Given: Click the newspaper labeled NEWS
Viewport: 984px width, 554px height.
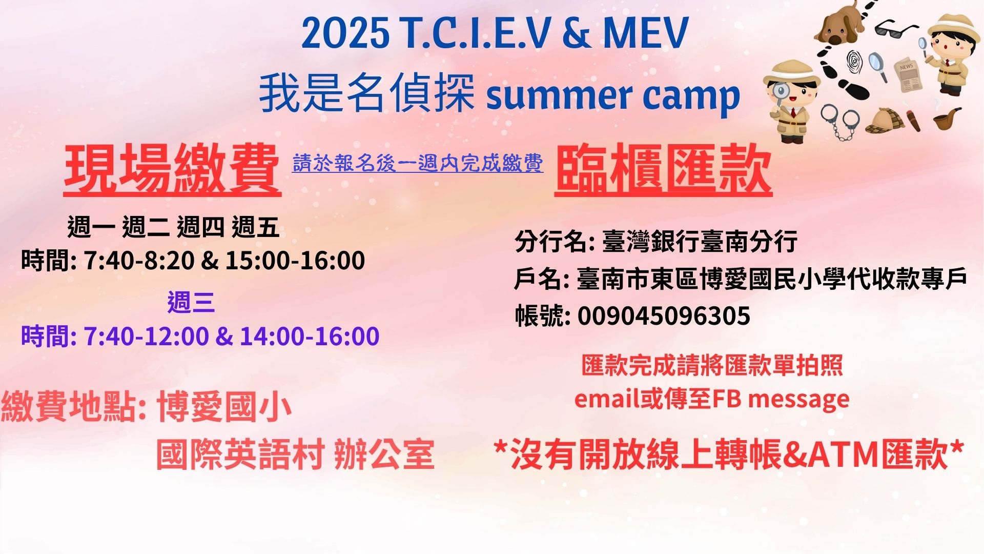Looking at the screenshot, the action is [908, 75].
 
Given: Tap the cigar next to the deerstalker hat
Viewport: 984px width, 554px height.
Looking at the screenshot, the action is [913, 120].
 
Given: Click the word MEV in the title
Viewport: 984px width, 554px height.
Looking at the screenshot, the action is [645, 33].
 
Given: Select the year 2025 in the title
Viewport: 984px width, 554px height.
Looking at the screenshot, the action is [345, 33].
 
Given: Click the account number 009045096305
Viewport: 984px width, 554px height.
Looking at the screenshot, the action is [664, 315].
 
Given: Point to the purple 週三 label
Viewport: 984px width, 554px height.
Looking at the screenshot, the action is [191, 302].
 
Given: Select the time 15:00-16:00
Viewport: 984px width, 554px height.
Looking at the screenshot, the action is [295, 261].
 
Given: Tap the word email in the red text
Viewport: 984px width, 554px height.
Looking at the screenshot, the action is [607, 399].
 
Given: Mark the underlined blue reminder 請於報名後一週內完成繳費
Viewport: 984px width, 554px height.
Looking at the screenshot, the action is [418, 163].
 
